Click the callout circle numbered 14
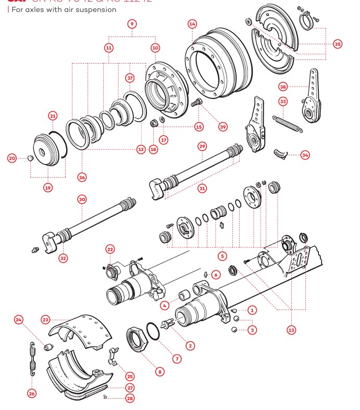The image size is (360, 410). coord(192,24)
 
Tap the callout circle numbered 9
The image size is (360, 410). coord(132,24)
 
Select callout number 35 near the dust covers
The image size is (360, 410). coord(338,44)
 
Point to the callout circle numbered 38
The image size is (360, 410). coord(283,86)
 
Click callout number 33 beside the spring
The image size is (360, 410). coord(283,101)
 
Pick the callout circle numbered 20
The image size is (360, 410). coord(12,158)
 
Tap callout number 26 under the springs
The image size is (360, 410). coord(32,393)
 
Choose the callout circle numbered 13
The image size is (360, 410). coord(291,329)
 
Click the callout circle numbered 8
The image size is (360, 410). coord(160,371)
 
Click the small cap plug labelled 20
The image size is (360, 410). coord(31,158)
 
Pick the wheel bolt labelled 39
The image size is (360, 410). coord(196,102)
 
